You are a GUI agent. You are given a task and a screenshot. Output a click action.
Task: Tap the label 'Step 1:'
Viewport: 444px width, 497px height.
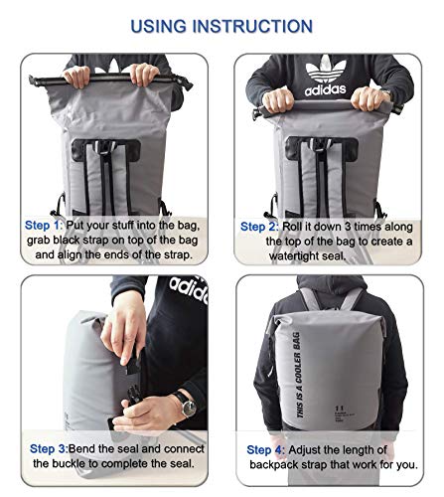(45, 226)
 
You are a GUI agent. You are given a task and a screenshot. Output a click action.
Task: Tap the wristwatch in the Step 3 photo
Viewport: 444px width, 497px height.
(184, 403)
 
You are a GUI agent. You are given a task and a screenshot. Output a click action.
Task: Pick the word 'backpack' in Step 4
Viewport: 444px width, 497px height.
(276, 465)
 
